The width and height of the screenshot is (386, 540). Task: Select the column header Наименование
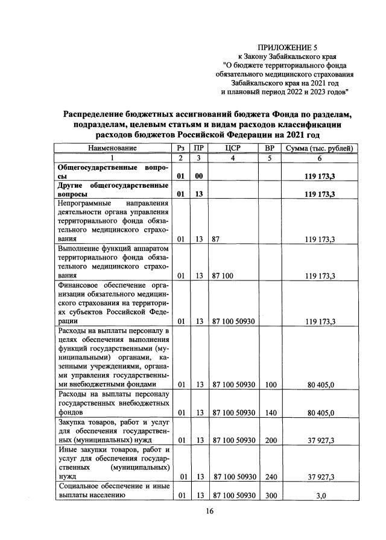click(112, 147)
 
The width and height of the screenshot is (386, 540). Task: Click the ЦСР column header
click(232, 147)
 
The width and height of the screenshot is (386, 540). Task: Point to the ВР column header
click(270, 147)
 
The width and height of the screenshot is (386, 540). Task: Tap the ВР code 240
click(270, 477)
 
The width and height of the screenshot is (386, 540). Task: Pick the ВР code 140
click(270, 412)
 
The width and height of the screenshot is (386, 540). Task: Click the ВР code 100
click(270, 383)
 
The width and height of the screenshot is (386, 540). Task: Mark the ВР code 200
click(270, 440)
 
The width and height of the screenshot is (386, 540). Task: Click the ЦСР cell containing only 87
click(215, 239)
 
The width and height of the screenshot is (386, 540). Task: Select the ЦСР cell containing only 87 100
click(221, 276)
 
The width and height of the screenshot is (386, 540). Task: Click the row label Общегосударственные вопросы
click(112, 170)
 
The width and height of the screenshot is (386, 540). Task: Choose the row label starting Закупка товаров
click(112, 431)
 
